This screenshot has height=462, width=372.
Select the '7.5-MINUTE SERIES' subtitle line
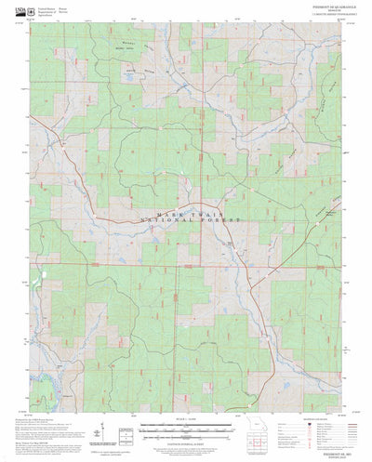tap(323, 18)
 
